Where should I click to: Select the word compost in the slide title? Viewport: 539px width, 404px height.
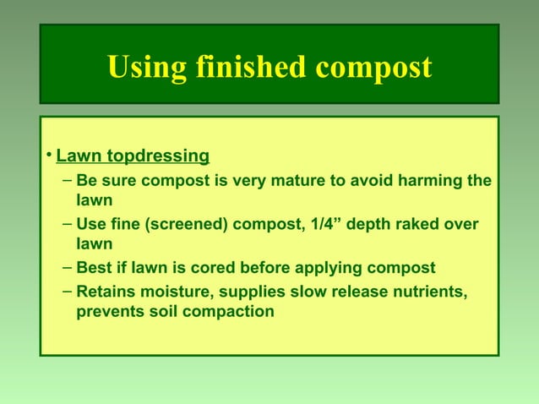pos(373,68)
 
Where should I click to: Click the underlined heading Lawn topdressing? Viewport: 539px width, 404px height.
pos(133,156)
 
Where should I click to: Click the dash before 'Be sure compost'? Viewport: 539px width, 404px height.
pos(67,181)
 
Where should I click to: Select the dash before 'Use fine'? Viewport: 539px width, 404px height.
pos(67,224)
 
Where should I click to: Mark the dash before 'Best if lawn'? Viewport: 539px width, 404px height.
pos(67,268)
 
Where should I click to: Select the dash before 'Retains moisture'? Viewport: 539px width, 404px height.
pos(67,291)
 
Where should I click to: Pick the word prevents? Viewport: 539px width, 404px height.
pos(111,312)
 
